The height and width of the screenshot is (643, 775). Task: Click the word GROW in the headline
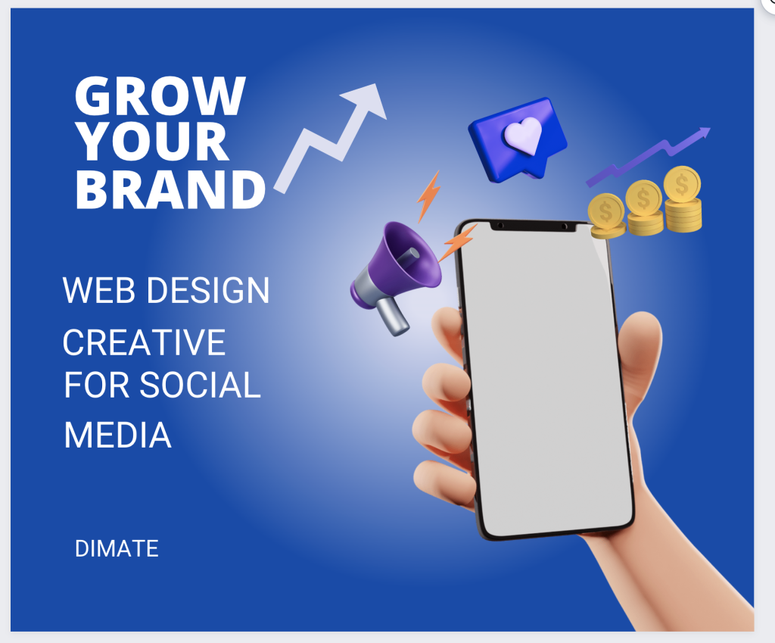coord(160,96)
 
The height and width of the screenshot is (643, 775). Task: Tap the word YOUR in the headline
coord(153,142)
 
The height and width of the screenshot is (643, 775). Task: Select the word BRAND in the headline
coord(170,189)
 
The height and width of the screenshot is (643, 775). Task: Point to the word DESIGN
coord(208,290)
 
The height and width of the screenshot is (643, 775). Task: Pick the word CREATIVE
coord(144,342)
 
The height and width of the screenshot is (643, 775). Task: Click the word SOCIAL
coord(200,385)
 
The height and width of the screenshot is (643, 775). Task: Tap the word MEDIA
coord(117,435)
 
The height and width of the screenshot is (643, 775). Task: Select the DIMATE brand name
coord(117,548)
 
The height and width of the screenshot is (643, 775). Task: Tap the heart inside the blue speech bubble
coord(523,135)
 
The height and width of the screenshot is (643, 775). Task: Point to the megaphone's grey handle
coord(394,316)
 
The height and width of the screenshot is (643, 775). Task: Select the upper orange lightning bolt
coord(428,196)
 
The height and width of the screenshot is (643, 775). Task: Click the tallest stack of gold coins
coord(683,199)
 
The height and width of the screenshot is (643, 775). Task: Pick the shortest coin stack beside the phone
coord(606,216)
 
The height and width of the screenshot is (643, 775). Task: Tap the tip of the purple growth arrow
coord(710,129)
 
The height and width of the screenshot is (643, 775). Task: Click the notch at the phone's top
coord(533,226)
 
